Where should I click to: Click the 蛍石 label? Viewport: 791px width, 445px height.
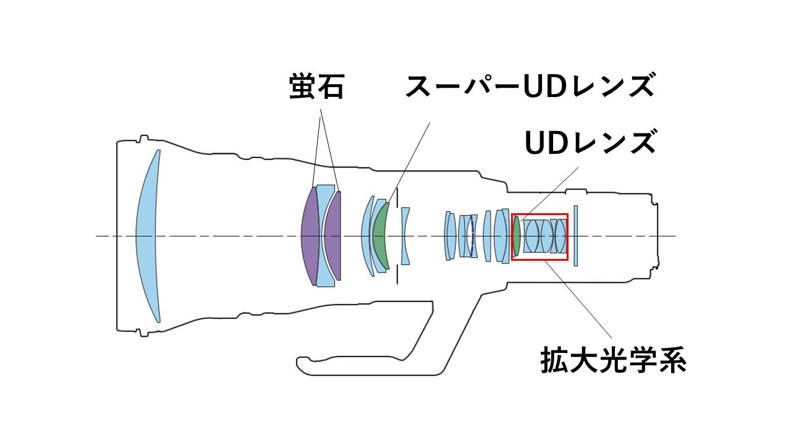pos(316,88)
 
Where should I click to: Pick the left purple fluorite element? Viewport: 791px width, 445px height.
pos(310,236)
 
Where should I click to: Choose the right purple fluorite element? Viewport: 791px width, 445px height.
pos(334,236)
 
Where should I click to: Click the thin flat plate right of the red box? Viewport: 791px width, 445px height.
pos(575,236)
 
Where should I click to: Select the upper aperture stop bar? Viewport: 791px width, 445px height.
pos(397,197)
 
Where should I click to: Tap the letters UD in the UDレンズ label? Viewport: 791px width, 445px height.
pos(548,143)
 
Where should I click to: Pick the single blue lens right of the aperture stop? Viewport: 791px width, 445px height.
pos(405,236)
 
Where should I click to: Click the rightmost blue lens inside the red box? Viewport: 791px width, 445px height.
pos(560,236)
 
